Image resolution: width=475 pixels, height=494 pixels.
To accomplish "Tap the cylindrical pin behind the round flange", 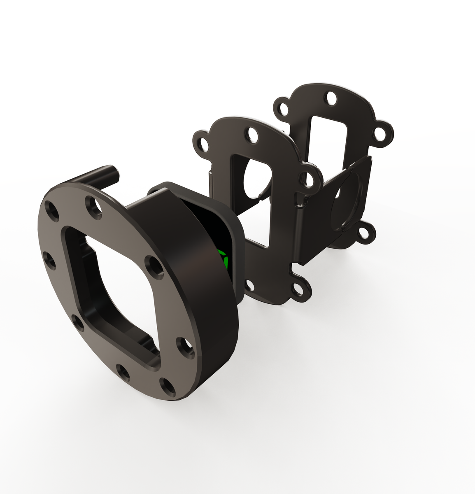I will pos(101,175).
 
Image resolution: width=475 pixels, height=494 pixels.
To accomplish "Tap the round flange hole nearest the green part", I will pos(154,265).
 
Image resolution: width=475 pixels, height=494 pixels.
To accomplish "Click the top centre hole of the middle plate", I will pos(251,136).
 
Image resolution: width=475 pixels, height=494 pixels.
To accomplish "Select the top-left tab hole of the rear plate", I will pos(283,109).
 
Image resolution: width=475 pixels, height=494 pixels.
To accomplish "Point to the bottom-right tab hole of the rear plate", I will pos(364,234).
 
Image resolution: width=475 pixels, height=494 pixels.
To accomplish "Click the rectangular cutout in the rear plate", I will pos(327,140).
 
